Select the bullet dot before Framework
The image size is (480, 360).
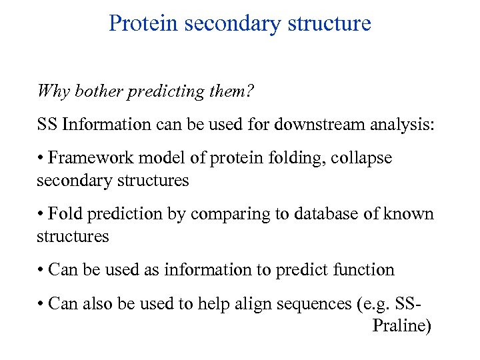click(41, 159)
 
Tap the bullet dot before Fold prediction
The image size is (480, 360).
click(41, 215)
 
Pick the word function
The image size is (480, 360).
click(365, 270)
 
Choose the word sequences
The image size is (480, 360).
click(315, 304)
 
